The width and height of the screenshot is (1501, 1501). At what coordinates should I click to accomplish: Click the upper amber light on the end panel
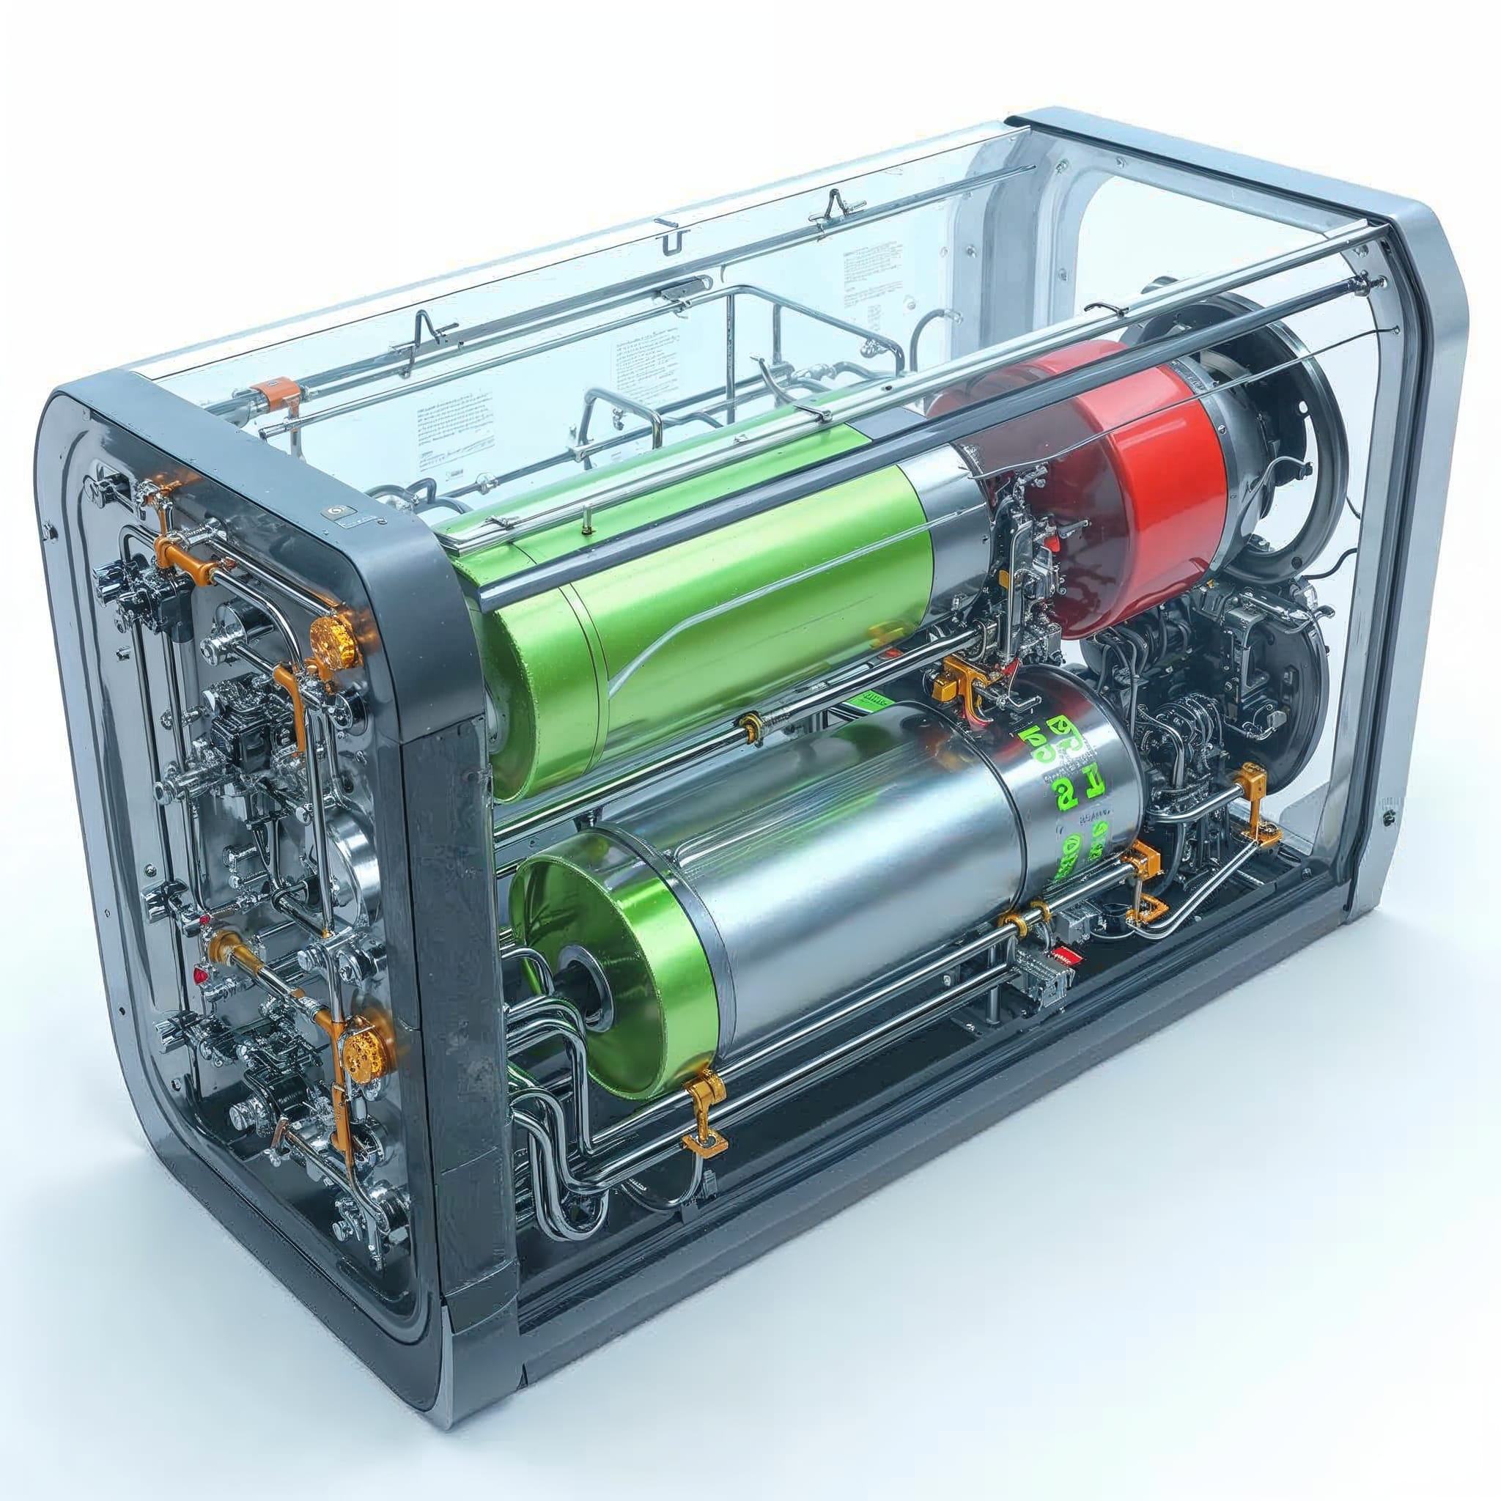335,644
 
